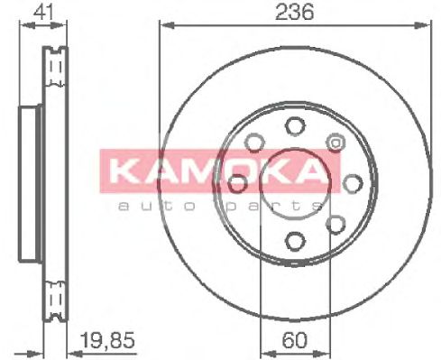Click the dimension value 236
294,12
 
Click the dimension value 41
43,12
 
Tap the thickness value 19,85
108,340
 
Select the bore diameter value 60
295,340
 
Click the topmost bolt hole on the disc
295,126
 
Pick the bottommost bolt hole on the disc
295,241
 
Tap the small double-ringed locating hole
335,142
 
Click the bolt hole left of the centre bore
238,183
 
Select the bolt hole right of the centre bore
353,183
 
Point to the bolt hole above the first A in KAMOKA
254,143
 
